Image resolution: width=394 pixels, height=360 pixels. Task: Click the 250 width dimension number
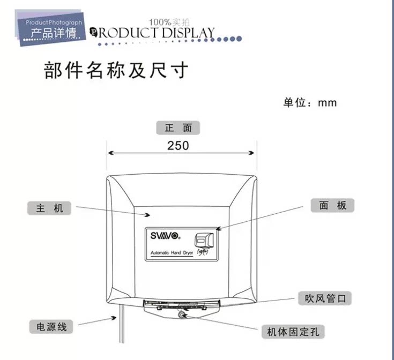point(178,145)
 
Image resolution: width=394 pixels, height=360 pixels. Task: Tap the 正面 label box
point(178,129)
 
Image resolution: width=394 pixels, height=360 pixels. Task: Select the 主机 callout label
point(50,207)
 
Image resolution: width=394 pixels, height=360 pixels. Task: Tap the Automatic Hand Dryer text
point(172,252)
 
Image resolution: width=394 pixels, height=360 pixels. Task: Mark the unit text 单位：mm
point(310,102)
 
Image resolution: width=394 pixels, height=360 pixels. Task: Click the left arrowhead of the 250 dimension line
point(110,153)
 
